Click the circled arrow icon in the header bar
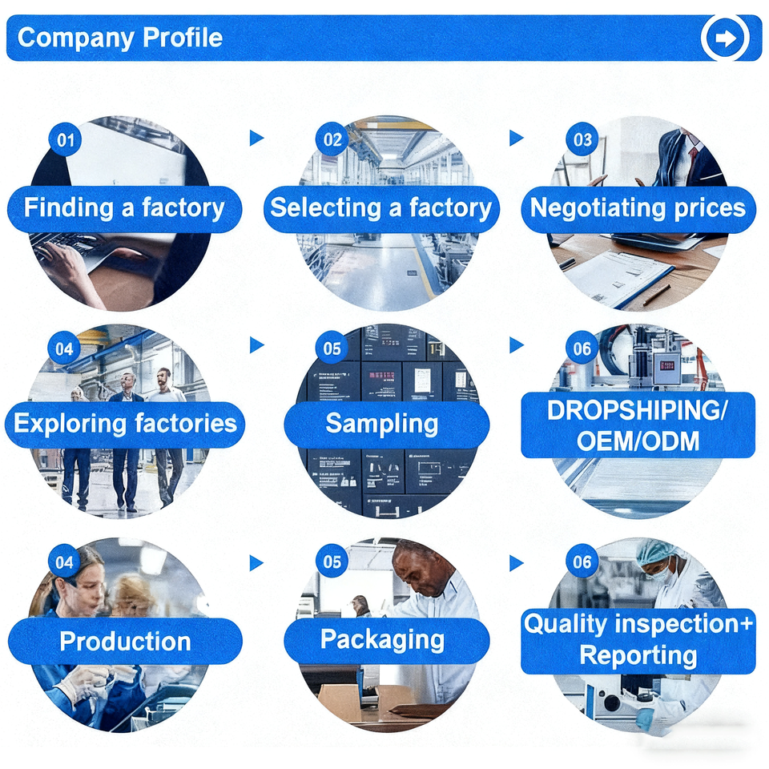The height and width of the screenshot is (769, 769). pos(725,38)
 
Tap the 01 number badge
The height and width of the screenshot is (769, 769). pos(65,141)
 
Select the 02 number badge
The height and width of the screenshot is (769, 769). pos(332,139)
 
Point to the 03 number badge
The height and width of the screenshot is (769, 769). pos(582,140)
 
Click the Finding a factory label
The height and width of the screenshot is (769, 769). pos(124,208)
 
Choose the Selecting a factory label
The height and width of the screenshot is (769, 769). pos(380,208)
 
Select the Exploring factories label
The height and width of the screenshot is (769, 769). pos(125,423)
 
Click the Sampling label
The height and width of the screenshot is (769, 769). pos(381,424)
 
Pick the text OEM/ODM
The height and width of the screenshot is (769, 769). pos(638,440)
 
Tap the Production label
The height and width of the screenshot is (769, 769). pos(125,641)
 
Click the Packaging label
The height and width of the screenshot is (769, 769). pos(382,639)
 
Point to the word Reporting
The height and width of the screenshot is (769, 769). pos(638,655)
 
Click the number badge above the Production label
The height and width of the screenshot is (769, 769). pos(64,562)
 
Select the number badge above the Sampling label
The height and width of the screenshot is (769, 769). pos(332,349)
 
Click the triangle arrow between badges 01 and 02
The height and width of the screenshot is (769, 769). pos(256,138)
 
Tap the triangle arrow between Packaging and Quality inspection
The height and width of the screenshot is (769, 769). pos(517,563)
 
